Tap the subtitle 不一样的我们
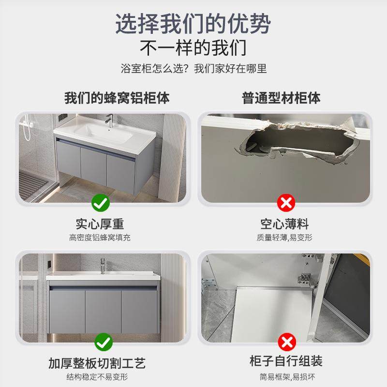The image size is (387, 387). coord(193,48)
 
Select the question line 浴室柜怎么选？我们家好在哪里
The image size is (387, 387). coord(193,68)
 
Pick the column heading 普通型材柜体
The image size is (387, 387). coord(282,98)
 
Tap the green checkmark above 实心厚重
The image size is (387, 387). coord(101,203)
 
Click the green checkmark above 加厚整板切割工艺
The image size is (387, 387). coord(103,342)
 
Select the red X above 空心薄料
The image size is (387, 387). coord(286,203)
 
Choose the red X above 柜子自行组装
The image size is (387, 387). coord(286,342)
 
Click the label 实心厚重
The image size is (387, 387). coord(100,223)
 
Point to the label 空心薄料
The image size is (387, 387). coord(284,223)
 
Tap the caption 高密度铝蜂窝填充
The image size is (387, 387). coord(100,238)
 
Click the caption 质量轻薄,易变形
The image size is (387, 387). coord(284,238)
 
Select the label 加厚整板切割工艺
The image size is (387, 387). coord(97,362)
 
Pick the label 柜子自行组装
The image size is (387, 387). coord(287,361)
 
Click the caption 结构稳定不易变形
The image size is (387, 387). coord(97,376)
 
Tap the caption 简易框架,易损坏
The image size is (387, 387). coord(287,376)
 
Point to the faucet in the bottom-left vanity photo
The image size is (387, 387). coord(103,265)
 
